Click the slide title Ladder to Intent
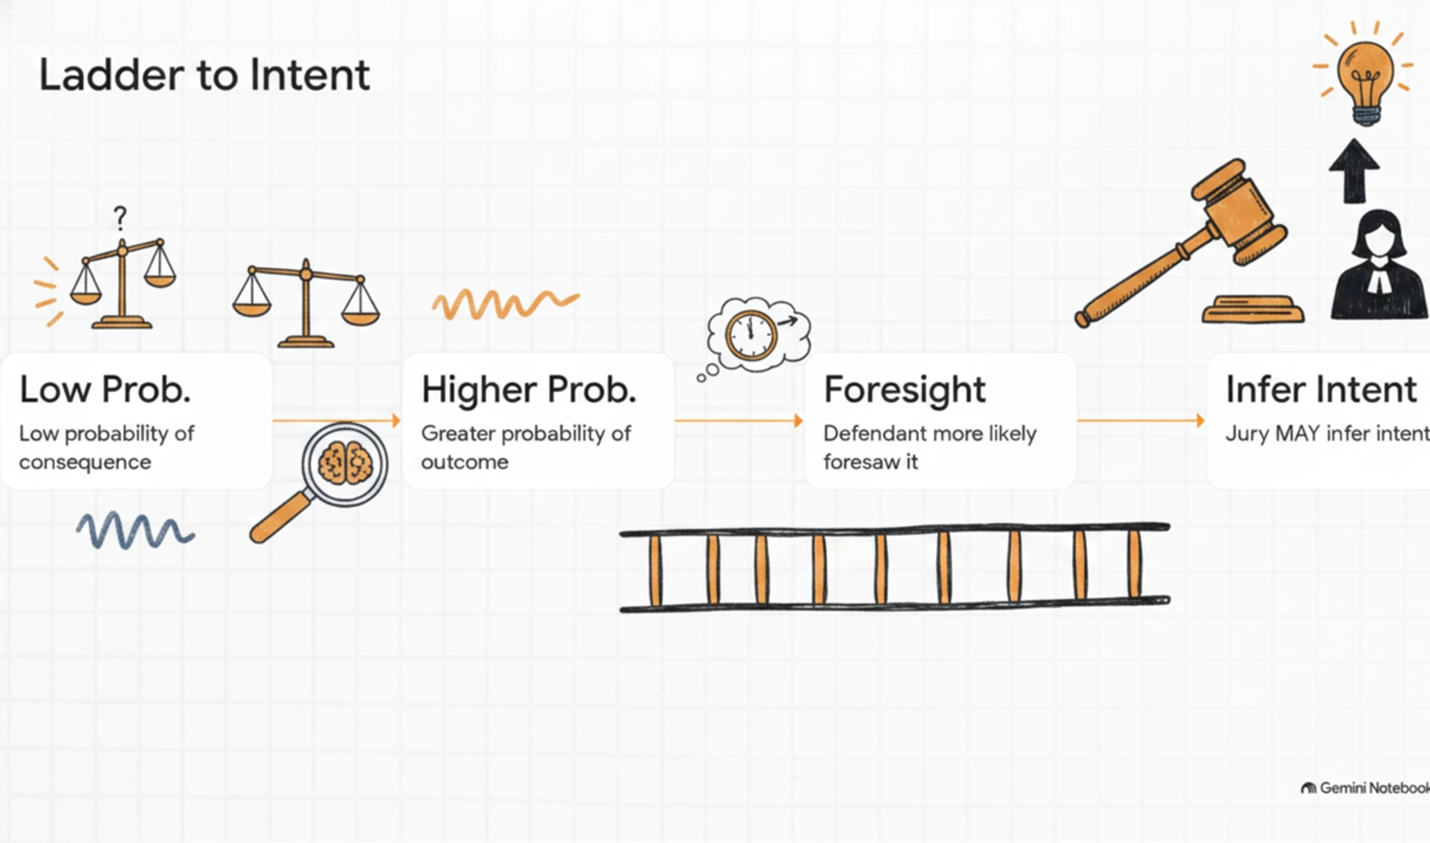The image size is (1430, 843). [x=204, y=76]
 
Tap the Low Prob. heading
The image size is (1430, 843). [x=105, y=390]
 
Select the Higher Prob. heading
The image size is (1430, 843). [x=528, y=390]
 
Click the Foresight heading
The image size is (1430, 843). [x=905, y=390]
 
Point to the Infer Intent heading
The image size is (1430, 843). [x=1321, y=390]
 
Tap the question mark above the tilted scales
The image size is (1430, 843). [x=120, y=217]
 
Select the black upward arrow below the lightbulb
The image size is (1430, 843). [x=1354, y=170]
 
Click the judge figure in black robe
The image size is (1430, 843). [x=1379, y=265]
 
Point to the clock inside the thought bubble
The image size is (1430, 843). [x=751, y=336]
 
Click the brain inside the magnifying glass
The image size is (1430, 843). [x=345, y=462]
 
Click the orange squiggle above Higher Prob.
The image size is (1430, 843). [x=506, y=304]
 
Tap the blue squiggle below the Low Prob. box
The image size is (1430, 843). [x=135, y=530]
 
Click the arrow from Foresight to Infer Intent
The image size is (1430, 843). [x=1141, y=420]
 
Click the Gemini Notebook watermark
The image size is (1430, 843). [x=1365, y=788]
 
